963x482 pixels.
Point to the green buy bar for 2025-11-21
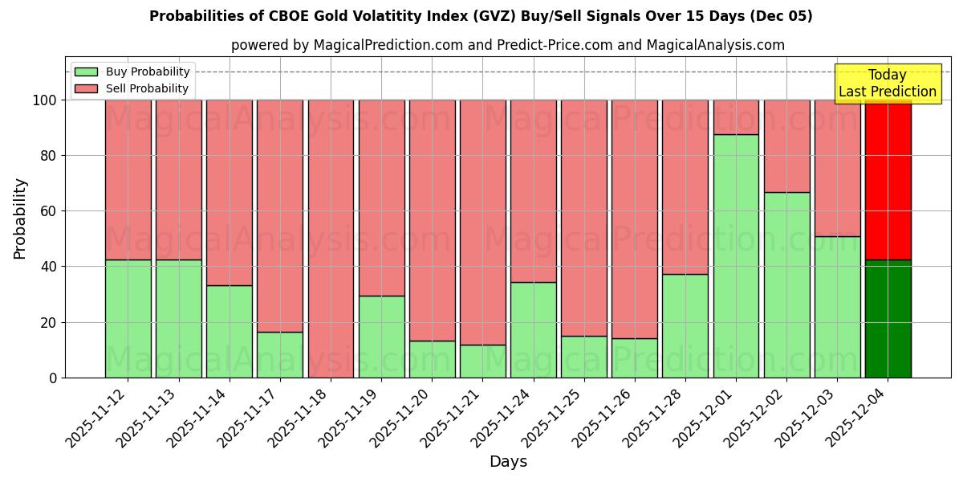(x=482, y=361)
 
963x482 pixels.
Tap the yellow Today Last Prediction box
(x=887, y=84)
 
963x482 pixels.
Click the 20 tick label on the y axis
(x=47, y=322)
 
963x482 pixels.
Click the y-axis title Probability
(x=20, y=219)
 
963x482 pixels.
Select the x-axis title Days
(x=508, y=462)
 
